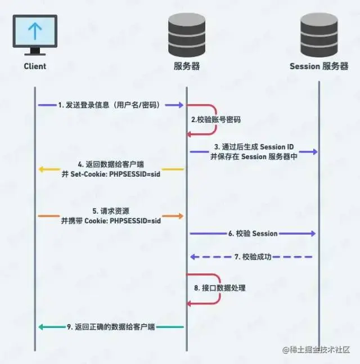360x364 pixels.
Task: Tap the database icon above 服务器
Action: tap(187, 33)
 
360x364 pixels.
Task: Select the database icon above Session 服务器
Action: tap(319, 33)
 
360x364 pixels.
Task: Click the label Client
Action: tap(35, 66)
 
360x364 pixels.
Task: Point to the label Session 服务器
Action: tap(319, 66)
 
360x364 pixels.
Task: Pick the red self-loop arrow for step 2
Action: tap(214, 119)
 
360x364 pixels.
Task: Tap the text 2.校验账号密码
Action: tap(215, 119)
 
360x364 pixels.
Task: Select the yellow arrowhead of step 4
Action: tap(41, 169)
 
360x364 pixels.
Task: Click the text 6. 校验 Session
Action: tap(253, 233)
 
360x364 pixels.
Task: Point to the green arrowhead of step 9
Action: tap(41, 327)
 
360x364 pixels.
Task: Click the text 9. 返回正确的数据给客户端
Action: tap(111, 327)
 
